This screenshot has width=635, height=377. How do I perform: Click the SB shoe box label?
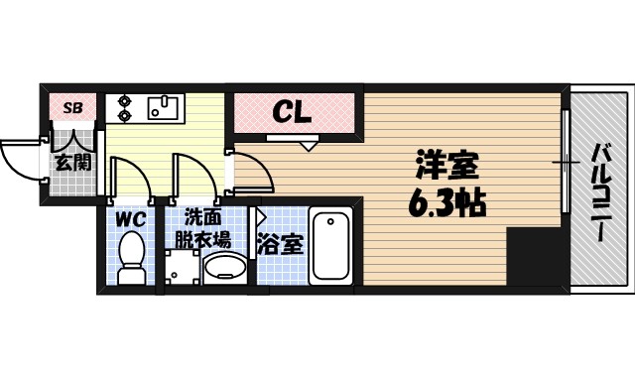tap(73, 107)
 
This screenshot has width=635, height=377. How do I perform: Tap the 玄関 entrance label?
tap(73, 162)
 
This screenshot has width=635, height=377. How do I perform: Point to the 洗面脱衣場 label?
tap(203, 227)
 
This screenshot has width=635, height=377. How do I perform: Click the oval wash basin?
tap(227, 267)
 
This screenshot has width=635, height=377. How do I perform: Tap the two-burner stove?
tap(124, 106)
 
